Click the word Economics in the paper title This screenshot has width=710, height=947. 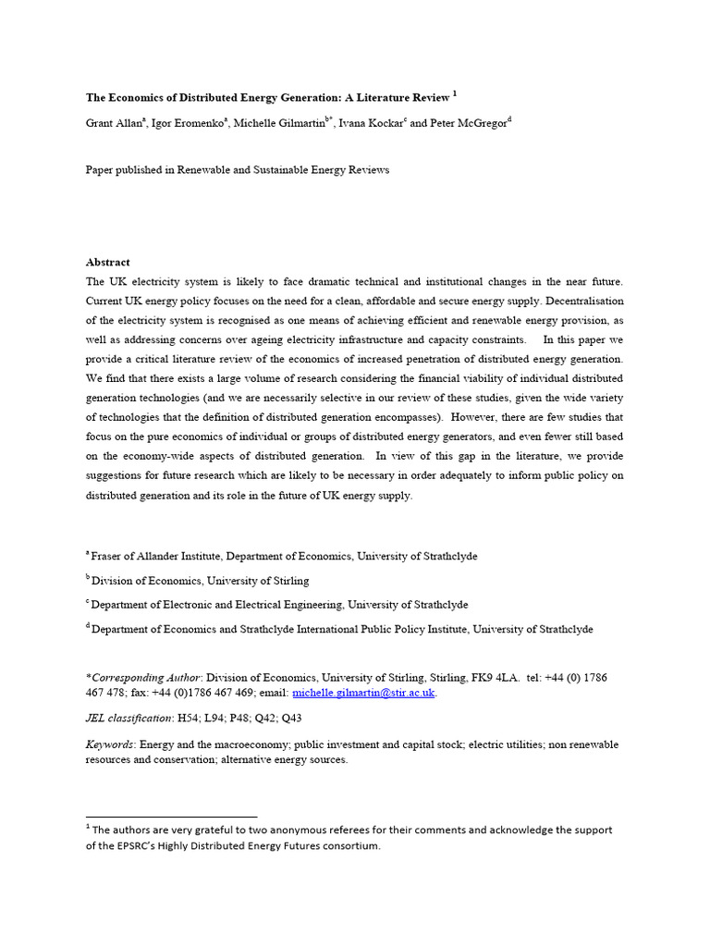[141, 97]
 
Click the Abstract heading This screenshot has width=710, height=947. [108, 263]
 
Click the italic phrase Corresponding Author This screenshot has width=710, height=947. [147, 678]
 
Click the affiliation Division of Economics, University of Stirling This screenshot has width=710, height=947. [201, 581]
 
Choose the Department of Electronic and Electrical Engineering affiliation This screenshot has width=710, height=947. [218, 605]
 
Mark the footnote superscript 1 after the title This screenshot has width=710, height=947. [456, 93]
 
